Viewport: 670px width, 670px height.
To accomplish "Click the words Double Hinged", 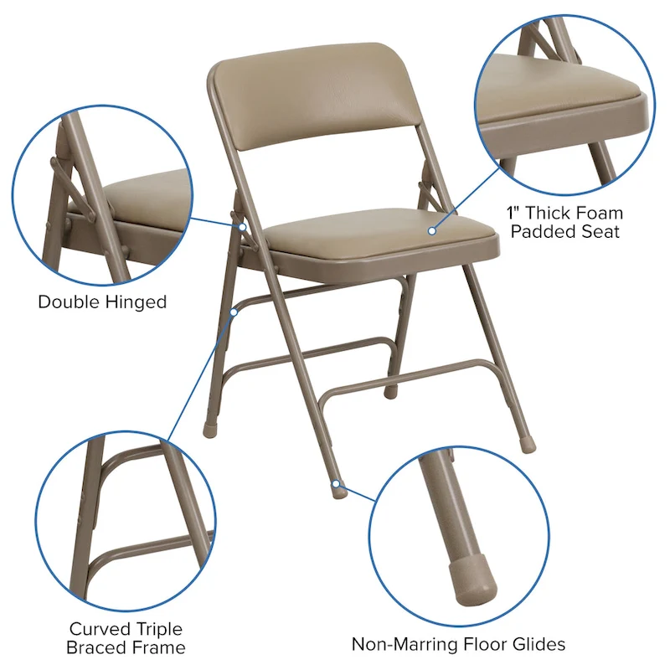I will pos(102,301).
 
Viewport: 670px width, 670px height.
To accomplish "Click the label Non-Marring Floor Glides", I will pos(458,644).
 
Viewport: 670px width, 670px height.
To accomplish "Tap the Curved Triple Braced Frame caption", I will pos(126,637).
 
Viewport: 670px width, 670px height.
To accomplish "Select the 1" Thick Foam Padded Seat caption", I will pos(565,221).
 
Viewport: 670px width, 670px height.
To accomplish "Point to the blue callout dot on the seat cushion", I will pos(433,229).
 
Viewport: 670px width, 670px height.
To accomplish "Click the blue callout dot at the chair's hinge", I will pos(241,226).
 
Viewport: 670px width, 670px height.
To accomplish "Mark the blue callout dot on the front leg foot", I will pos(335,483).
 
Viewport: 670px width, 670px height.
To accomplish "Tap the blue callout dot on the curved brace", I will pos(235,311).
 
